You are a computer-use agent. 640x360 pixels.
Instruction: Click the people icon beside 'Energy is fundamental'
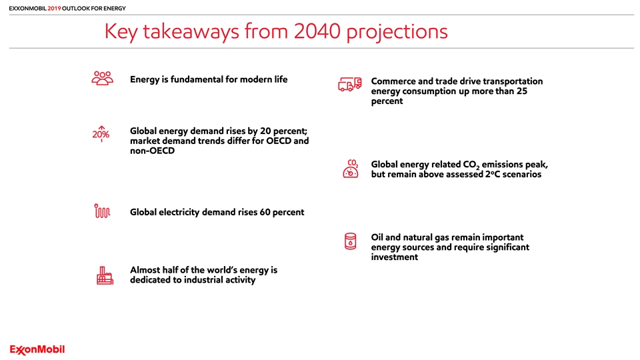tap(103, 78)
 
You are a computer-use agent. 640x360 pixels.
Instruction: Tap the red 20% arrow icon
tap(101, 133)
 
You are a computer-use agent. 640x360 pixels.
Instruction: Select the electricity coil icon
tap(102, 211)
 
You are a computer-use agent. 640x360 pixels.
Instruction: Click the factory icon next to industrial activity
tap(105, 275)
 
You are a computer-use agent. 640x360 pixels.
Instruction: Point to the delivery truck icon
tap(350, 85)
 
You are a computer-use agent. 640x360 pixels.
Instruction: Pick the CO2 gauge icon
tap(351, 169)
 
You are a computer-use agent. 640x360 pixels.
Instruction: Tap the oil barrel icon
tap(350, 241)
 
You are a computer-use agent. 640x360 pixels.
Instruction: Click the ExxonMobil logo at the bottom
tap(37, 350)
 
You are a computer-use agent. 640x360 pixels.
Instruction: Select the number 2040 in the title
tap(317, 31)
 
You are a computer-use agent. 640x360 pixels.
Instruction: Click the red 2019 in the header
tap(54, 8)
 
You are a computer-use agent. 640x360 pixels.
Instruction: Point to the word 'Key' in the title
tap(121, 32)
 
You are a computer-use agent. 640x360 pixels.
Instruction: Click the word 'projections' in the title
tap(397, 32)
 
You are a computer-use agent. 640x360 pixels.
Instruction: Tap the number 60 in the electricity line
tap(265, 212)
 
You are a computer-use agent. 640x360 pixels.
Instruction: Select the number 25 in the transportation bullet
tap(522, 91)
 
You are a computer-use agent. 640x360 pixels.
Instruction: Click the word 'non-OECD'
tap(152, 151)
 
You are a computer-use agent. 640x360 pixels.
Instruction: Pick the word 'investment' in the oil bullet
tap(394, 257)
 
